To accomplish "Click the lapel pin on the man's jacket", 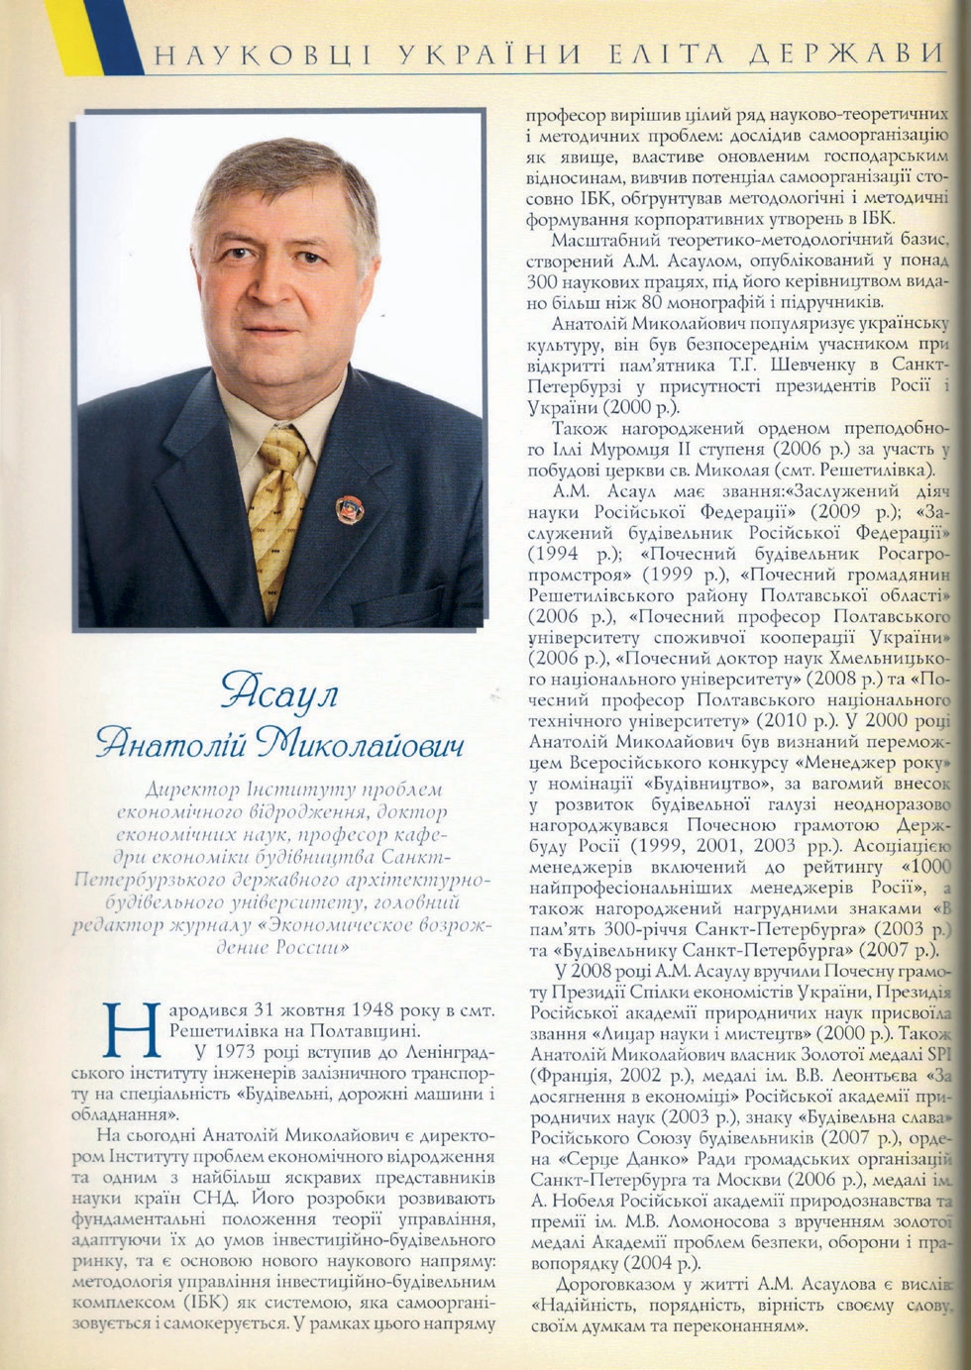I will click(x=349, y=508).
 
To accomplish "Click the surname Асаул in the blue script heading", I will click(x=279, y=690).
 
